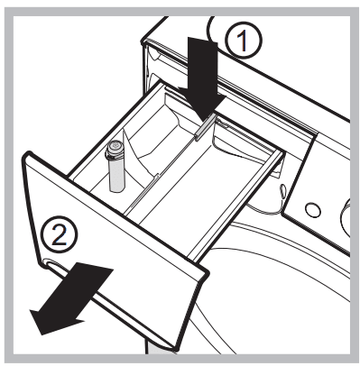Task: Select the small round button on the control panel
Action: [x=311, y=209]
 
